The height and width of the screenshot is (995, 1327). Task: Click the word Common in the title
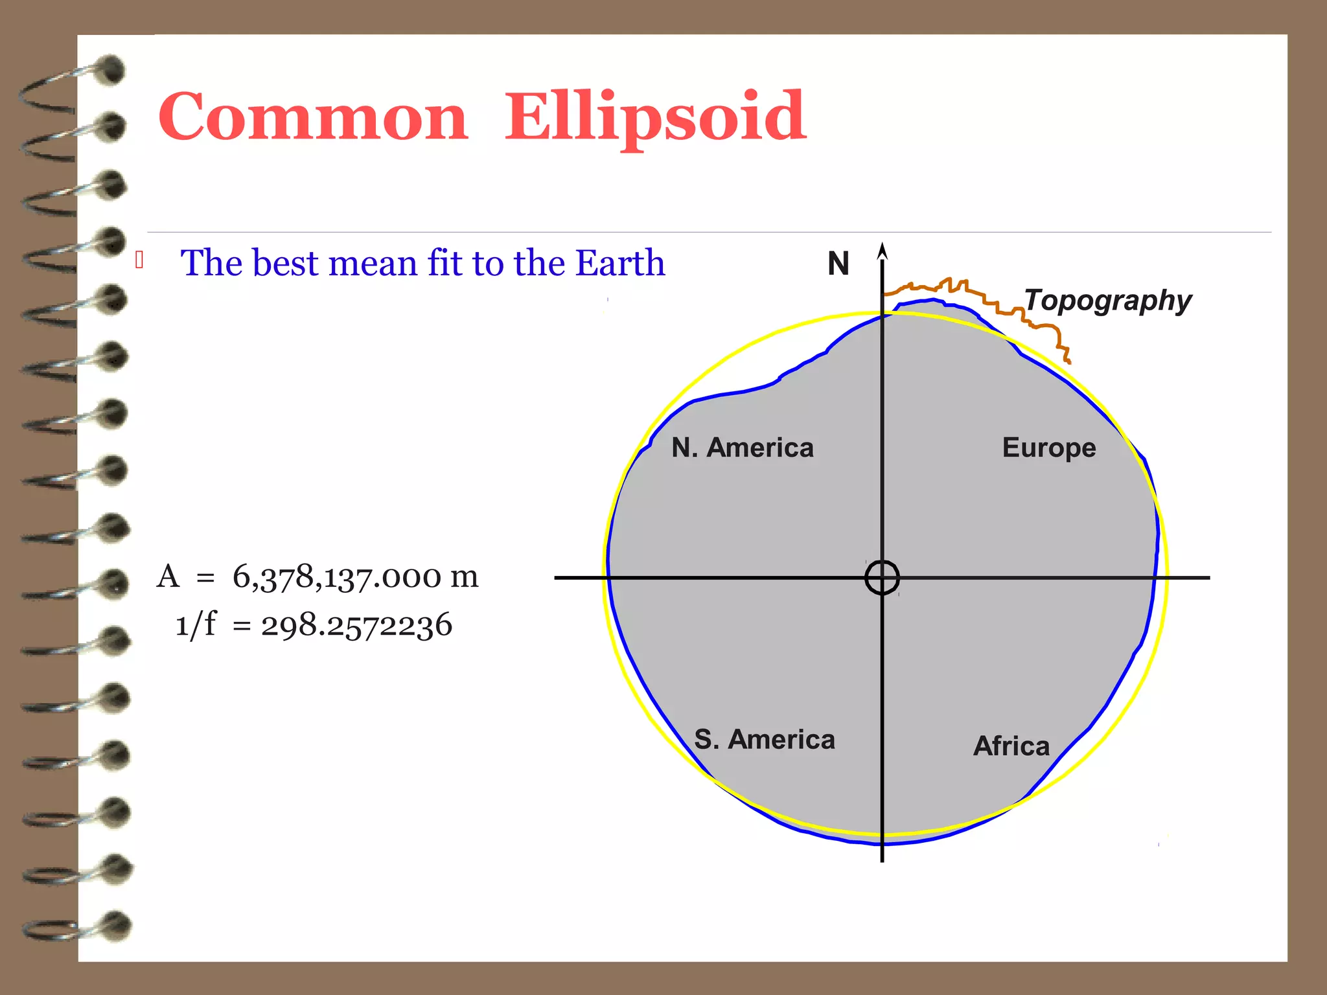coord(313,117)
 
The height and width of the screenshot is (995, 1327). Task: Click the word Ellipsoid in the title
coord(655,117)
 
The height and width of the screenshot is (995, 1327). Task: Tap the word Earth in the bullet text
coord(619,263)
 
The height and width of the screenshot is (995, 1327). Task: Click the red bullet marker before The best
coord(139,260)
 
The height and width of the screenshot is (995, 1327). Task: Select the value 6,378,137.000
coord(337,577)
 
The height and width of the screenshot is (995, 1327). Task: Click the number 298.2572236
coord(356,626)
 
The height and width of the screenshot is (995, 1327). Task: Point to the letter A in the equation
coord(168,576)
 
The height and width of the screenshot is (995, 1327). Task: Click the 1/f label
coord(196,625)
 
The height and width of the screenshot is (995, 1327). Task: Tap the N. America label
coord(742,448)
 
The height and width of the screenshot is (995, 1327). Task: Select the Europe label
coord(1048,448)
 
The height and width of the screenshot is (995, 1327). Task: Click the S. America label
coord(765,739)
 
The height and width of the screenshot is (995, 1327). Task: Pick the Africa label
coord(1011,746)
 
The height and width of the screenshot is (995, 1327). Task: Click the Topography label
coord(1108,301)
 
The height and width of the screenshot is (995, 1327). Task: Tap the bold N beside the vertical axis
coord(838,264)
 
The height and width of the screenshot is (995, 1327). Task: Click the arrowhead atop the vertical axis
coord(882,251)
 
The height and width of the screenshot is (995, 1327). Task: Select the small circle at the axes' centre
coord(882,577)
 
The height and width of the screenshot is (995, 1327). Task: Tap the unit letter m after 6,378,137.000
coord(464,577)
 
